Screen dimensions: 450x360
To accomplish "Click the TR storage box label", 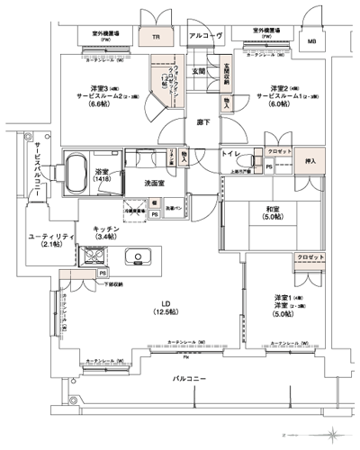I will pos(156,38).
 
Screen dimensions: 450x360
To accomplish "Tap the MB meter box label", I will pos(312,40).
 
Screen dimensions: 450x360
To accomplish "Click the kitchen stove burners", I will pos(94,258).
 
